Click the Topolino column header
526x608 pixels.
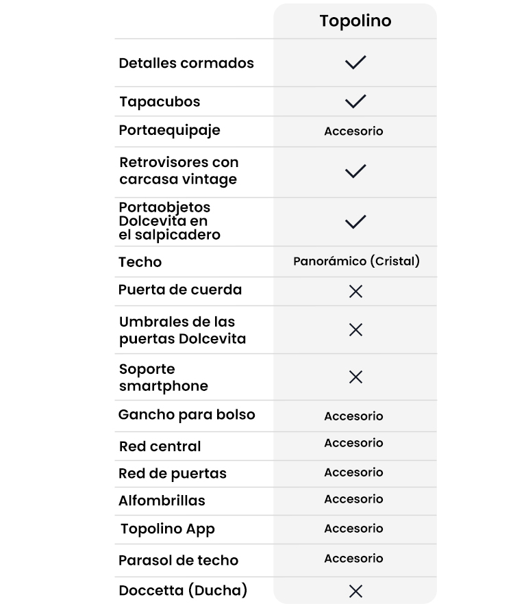(355, 21)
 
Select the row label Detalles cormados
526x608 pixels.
(186, 63)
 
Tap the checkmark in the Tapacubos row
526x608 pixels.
(355, 101)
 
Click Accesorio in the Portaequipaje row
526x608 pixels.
(353, 131)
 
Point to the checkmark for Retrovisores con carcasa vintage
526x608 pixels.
(355, 170)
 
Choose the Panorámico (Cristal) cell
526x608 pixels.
(356, 261)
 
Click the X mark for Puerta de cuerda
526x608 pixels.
(355, 291)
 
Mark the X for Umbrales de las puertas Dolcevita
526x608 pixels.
(355, 330)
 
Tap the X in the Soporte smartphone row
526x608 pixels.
(355, 377)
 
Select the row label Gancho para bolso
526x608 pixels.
(186, 415)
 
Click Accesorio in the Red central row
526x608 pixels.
(353, 443)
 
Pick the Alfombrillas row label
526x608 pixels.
(162, 501)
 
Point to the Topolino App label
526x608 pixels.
(168, 529)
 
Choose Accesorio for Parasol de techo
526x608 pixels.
(353, 559)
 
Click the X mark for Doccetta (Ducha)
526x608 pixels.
(355, 591)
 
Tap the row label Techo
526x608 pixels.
(140, 262)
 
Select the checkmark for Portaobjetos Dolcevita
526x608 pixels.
(355, 221)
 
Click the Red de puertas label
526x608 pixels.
(173, 473)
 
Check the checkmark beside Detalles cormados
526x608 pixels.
(355, 62)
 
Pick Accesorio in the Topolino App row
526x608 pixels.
(353, 529)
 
